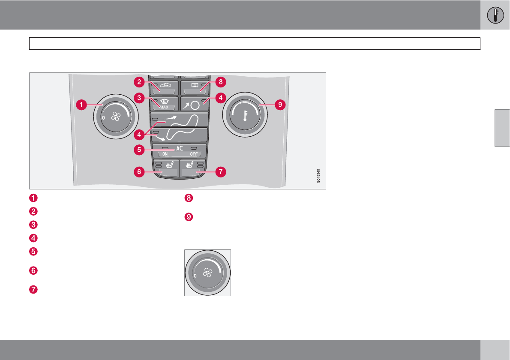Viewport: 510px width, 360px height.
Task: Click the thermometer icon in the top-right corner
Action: click(495, 15)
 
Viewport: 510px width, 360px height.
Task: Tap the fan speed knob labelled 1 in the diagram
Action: click(115, 117)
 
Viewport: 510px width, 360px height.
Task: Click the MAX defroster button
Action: click(163, 102)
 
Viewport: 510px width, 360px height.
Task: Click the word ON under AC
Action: click(165, 154)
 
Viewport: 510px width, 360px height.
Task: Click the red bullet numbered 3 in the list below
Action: click(34, 225)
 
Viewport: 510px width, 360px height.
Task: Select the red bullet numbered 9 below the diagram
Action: click(189, 217)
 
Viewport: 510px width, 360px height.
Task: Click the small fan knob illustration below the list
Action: click(207, 273)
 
